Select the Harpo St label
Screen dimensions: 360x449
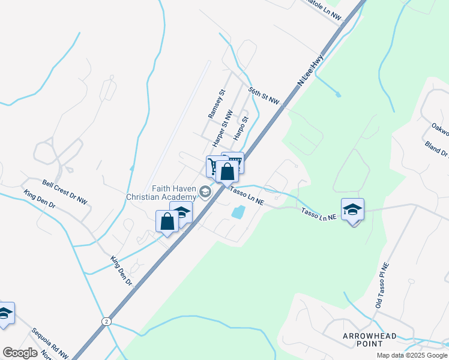[x=240, y=127]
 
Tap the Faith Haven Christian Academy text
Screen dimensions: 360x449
[x=161, y=192]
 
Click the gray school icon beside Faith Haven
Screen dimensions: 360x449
[x=205, y=192]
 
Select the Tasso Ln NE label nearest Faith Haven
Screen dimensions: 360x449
[x=247, y=196]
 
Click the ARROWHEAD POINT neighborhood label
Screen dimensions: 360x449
[x=370, y=339]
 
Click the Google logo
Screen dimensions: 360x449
[x=20, y=353]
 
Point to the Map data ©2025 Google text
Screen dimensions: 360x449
[x=411, y=355]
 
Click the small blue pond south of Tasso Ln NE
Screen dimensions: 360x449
[x=238, y=211]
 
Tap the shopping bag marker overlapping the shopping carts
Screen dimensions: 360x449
[x=228, y=172]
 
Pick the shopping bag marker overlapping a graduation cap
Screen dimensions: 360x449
[x=167, y=221]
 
